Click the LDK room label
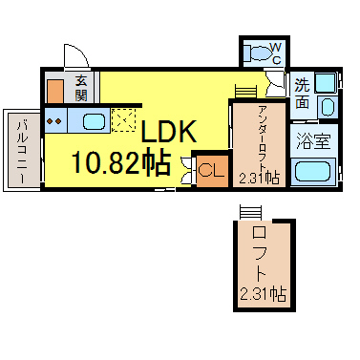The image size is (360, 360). click(168, 132)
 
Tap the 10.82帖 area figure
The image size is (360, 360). click(120, 162)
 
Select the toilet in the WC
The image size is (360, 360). click(257, 53)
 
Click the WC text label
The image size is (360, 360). click(276, 53)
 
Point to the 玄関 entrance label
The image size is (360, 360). click(81, 88)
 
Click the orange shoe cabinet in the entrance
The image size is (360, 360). click(55, 92)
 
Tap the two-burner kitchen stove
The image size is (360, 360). click(54, 121)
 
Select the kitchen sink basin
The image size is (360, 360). click(94, 121)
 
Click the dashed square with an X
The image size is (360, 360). click(124, 120)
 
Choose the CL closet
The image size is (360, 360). click(212, 171)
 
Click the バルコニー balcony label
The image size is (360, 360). click(22, 151)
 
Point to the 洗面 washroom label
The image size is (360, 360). click(302, 94)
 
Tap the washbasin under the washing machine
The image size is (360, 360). click(328, 106)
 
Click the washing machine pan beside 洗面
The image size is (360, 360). click(326, 82)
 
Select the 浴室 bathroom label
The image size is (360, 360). click(313, 140)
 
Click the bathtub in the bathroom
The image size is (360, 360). click(313, 172)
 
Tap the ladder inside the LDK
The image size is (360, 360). click(245, 92)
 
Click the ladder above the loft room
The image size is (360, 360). click(250, 213)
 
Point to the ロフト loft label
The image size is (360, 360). click(259, 254)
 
